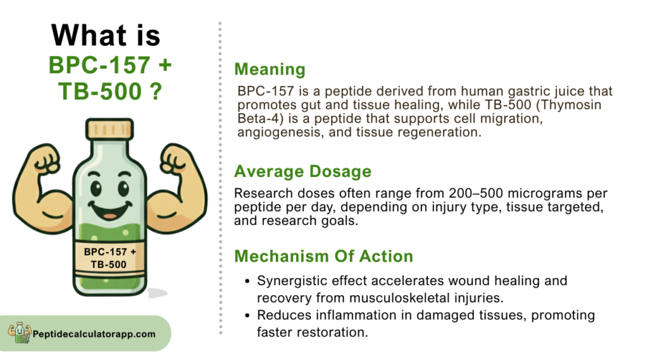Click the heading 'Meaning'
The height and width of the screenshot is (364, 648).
pyautogui.click(x=270, y=70)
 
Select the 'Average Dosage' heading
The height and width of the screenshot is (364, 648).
pyautogui.click(x=303, y=171)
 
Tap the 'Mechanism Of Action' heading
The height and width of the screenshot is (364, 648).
pyautogui.click(x=323, y=257)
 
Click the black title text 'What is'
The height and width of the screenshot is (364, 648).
pyautogui.click(x=106, y=35)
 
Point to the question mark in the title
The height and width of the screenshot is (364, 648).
pyautogui.click(x=156, y=91)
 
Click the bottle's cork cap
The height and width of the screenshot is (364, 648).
pyautogui.click(x=109, y=129)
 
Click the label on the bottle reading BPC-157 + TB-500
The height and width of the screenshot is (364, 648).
pyautogui.click(x=109, y=258)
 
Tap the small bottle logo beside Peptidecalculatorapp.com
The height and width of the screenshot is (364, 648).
pyautogui.click(x=20, y=332)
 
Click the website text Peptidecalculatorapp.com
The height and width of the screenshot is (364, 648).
pyautogui.click(x=94, y=334)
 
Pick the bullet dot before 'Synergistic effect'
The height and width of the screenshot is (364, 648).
pyautogui.click(x=247, y=281)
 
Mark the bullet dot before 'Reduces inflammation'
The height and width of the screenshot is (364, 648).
pyautogui.click(x=247, y=316)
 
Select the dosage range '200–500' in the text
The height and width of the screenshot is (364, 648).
pyautogui.click(x=476, y=193)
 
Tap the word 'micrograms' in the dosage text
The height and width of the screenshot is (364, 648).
pyautogui.click(x=544, y=193)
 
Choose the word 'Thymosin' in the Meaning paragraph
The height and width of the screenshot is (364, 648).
pyautogui.click(x=571, y=105)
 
